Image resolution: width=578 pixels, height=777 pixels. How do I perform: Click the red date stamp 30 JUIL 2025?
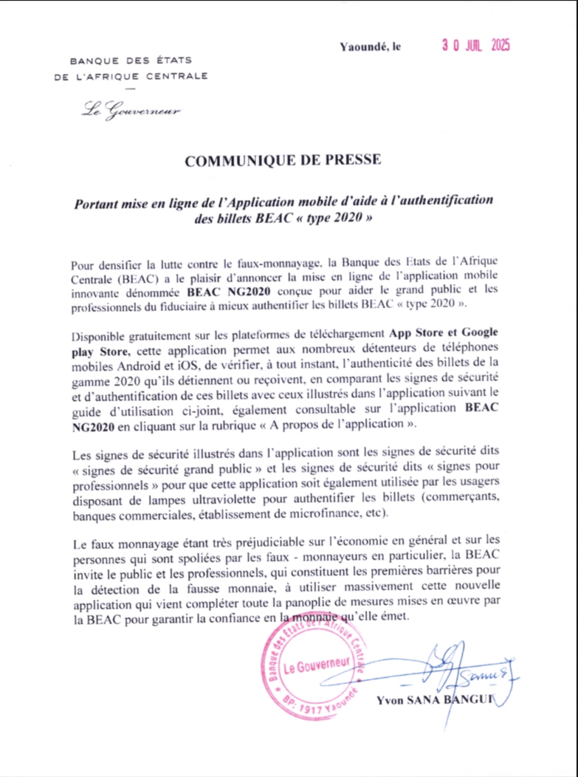click(x=476, y=45)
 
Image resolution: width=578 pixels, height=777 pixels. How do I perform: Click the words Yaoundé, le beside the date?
click(x=371, y=47)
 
